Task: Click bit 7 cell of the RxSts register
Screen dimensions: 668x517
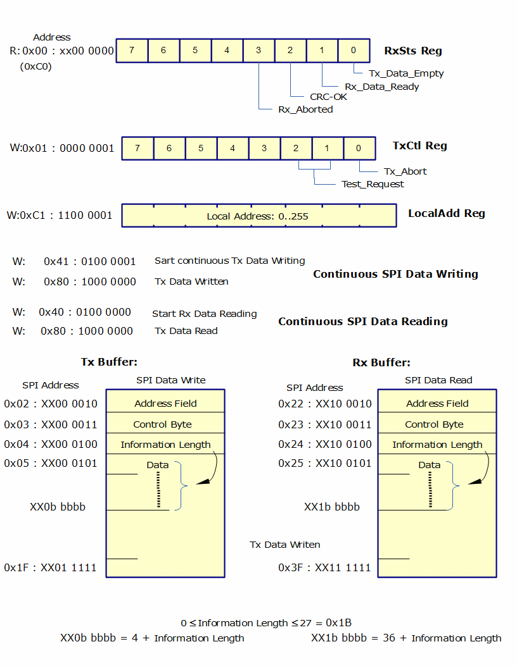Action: [132, 51]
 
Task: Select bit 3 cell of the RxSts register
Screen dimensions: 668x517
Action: [258, 51]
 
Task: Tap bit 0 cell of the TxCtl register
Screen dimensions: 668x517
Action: [359, 148]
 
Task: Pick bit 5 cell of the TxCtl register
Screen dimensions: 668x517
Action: [201, 148]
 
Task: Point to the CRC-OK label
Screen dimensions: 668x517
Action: [328, 97]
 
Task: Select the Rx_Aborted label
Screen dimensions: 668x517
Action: [305, 109]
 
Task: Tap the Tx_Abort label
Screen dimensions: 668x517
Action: [405, 171]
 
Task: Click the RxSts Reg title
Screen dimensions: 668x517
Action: [413, 51]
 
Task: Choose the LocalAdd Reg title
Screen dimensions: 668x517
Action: [446, 213]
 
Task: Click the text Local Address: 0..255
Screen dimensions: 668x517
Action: [257, 216]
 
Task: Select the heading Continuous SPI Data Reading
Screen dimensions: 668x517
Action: [362, 321]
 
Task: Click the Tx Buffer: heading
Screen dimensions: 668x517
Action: [109, 362]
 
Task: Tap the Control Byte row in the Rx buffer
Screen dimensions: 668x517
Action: [434, 424]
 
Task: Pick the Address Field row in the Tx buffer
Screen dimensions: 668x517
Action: [165, 404]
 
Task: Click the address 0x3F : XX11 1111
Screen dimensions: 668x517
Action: [324, 567]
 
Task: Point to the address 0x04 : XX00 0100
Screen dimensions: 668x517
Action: [51, 444]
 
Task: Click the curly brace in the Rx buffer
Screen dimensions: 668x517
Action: [455, 485]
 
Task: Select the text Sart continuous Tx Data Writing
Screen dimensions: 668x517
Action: [229, 261]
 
